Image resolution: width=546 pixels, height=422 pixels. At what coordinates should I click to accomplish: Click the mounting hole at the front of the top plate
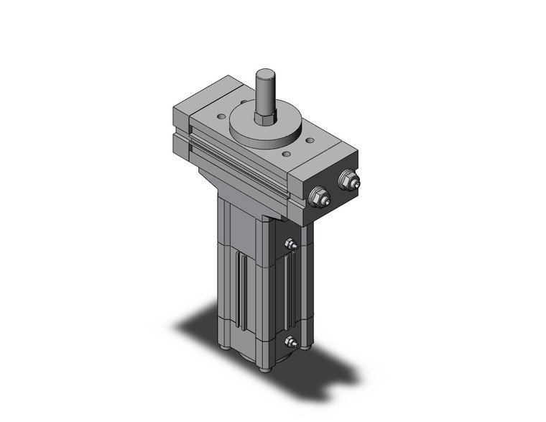(x=286, y=154)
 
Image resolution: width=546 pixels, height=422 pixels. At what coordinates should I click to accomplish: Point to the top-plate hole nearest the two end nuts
(x=310, y=142)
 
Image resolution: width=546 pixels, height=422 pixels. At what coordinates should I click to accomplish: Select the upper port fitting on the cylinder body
(x=291, y=246)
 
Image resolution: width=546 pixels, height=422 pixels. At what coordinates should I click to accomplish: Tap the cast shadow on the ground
(x=208, y=331)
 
